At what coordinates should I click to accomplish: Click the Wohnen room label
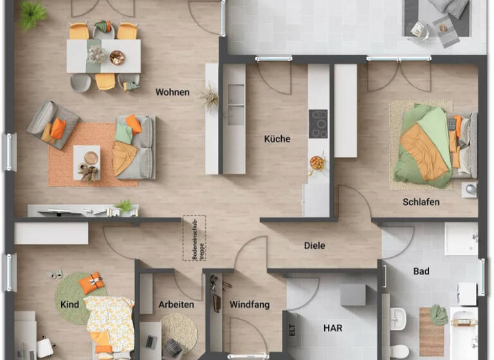pos(172,93)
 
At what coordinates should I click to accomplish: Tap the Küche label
pos(277,139)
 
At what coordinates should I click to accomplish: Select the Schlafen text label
pos(421,202)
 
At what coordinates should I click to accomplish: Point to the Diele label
pos(315,246)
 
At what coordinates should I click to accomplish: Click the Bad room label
pos(421,271)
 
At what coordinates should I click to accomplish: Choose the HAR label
pos(333,328)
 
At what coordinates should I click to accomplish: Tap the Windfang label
pos(249,305)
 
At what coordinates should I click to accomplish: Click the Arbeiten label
pos(176,305)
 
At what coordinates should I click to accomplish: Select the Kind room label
pos(69,304)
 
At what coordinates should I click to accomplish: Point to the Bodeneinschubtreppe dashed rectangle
pos(194,237)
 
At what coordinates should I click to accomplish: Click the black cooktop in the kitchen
pos(318,124)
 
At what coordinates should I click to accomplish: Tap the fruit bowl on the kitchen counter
pos(317,162)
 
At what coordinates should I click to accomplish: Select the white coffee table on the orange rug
pos(87,159)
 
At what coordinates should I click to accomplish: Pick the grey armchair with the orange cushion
pos(51,125)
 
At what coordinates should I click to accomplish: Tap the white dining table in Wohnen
pos(104,56)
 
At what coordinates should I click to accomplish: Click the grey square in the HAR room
pos(353,295)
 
